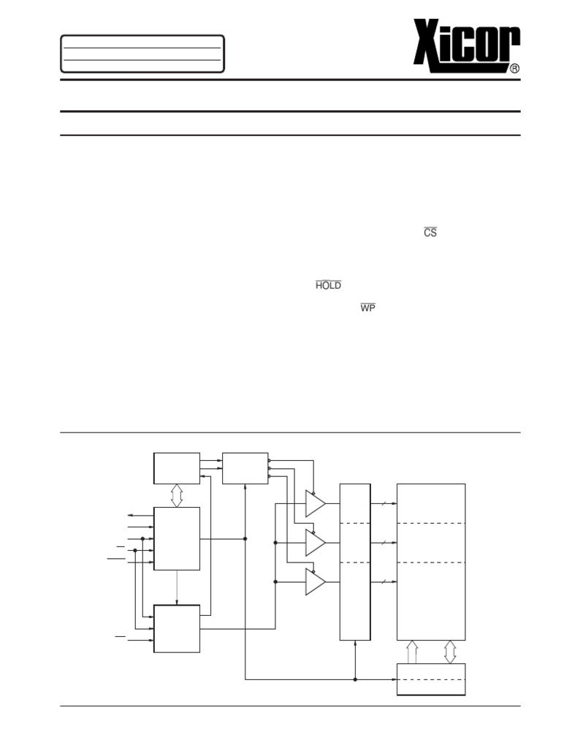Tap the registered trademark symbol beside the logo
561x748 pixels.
coord(514,68)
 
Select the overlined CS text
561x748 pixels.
coord(430,232)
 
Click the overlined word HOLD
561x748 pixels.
coord(328,286)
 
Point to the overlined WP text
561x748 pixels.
coord(367,308)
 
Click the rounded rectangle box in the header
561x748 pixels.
coord(142,53)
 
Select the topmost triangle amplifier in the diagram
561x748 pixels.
coord(315,503)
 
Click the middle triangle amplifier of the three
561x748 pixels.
coord(315,543)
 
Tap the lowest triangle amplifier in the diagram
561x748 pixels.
coord(315,581)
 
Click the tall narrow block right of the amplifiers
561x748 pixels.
coord(355,561)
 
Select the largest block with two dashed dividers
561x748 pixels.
coord(431,561)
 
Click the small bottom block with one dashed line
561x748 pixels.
coord(431,679)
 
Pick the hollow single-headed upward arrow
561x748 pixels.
coord(412,652)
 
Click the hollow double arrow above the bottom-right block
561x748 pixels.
coord(450,652)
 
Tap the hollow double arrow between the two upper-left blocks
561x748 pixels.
coord(176,495)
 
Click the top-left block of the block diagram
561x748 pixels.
coord(176,467)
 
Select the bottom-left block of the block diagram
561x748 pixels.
coord(176,628)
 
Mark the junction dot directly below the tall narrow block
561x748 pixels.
coord(355,679)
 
